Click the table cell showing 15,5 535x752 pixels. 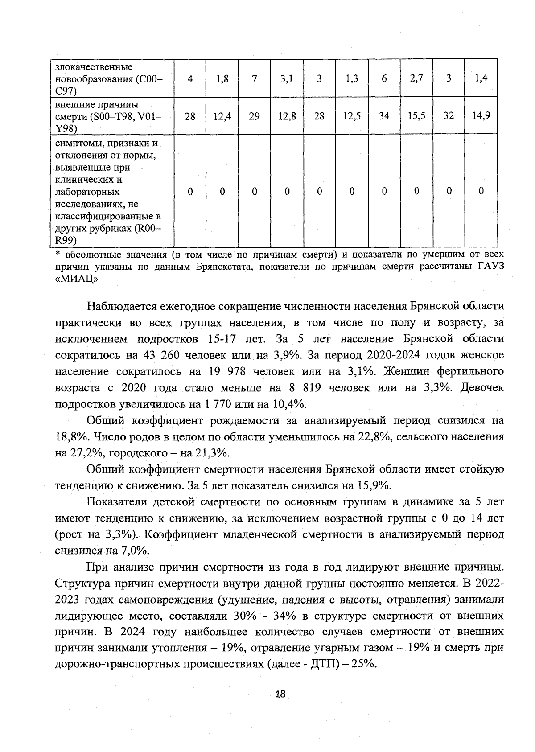(x=416, y=116)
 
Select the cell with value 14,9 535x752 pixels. (x=481, y=116)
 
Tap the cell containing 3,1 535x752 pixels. (x=287, y=79)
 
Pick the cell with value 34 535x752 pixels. (x=384, y=116)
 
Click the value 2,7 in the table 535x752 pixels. (x=416, y=79)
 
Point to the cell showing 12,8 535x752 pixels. (x=287, y=116)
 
